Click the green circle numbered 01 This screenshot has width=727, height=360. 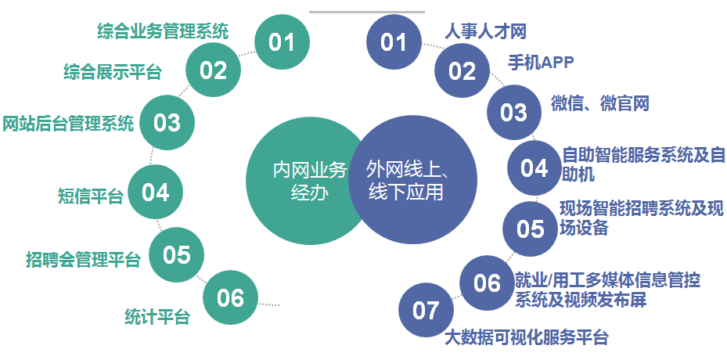point(283,41)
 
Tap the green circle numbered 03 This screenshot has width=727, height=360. point(167,123)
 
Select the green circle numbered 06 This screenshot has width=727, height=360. point(230,297)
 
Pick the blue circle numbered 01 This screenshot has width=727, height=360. point(394,41)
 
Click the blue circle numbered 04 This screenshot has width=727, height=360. point(534,167)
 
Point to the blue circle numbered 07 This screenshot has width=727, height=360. point(426,310)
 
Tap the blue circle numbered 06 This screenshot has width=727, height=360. point(488,283)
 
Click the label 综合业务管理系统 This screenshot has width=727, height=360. point(163,31)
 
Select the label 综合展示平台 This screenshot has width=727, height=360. point(112,72)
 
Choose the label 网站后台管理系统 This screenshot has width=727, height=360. point(68,124)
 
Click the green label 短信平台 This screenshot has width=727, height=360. point(91,196)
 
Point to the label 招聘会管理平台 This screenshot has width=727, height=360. point(83,259)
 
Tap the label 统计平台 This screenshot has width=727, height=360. point(157,317)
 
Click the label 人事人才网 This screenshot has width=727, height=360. point(485,31)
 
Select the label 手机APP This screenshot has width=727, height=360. point(541,63)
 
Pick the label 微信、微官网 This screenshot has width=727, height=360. point(600,103)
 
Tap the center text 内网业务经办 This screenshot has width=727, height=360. point(310,181)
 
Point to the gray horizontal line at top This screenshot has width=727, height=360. point(367,12)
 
